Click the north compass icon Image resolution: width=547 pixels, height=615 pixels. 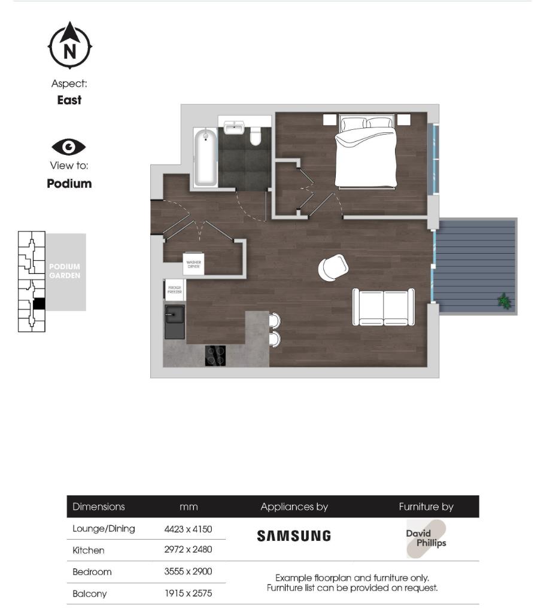[x=70, y=46]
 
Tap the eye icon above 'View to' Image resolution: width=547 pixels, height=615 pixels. [x=69, y=147]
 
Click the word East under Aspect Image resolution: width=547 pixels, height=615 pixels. [x=69, y=101]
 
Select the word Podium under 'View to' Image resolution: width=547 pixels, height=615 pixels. [x=69, y=184]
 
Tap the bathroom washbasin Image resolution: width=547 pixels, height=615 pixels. [x=233, y=127]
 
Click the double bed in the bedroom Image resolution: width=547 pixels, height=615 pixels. [x=365, y=152]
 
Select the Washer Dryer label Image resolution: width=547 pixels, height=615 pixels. [x=193, y=264]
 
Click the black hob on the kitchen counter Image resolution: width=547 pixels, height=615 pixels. [x=215, y=355]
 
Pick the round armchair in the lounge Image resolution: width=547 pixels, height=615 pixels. [x=332, y=267]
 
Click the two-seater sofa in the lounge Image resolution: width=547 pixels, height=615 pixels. [x=384, y=307]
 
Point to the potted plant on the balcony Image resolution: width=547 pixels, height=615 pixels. [x=505, y=301]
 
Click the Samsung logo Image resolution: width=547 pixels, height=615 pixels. [x=294, y=536]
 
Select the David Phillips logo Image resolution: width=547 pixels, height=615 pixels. [x=426, y=538]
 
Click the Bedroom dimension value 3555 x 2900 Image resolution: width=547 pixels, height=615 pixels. [x=188, y=572]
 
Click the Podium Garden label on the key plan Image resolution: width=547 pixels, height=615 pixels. [x=65, y=271]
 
